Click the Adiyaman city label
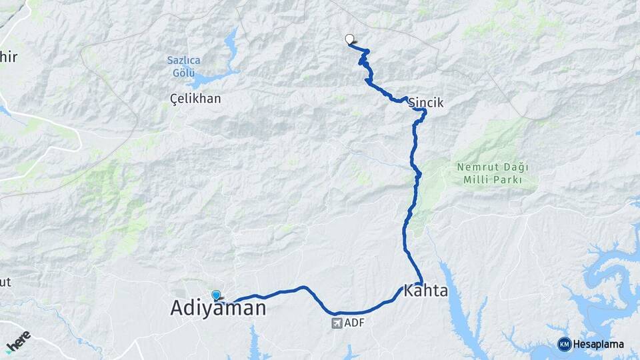point(218,308)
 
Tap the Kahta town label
point(426,292)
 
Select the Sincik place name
point(425,103)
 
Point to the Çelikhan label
point(195,99)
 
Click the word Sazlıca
point(183,60)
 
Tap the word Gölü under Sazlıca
point(183,72)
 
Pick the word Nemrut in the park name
point(475,167)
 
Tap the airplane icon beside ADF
point(336,323)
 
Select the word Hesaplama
point(599,344)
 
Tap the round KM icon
point(564,344)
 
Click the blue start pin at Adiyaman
point(216,295)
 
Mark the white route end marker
point(349,39)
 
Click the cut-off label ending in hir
point(9,57)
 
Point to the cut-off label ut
point(5,282)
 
